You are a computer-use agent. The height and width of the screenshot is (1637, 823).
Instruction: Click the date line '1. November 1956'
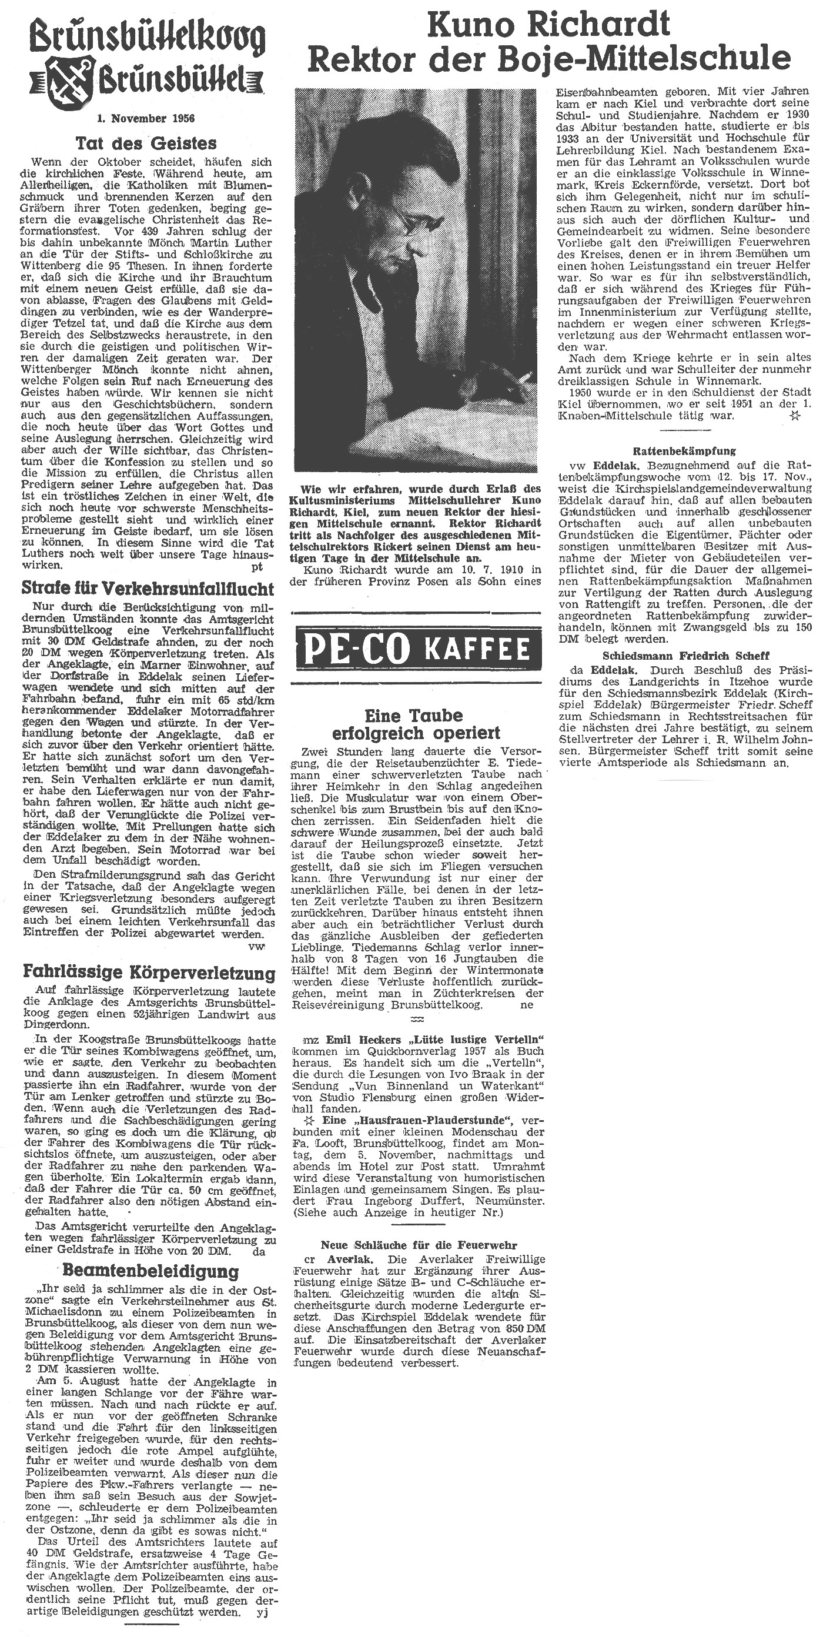(x=146, y=118)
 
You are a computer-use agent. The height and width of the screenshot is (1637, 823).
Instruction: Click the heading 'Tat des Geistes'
(x=146, y=143)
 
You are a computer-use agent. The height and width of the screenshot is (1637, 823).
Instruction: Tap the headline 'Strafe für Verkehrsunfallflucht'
(x=148, y=588)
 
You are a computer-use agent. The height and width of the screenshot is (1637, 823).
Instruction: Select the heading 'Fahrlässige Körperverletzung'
(x=149, y=973)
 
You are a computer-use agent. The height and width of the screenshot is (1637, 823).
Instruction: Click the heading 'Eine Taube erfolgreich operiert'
(x=416, y=724)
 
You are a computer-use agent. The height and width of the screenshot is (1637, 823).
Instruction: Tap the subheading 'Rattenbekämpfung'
(x=684, y=451)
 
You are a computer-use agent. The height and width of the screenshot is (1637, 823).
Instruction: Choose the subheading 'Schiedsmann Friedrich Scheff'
(x=685, y=655)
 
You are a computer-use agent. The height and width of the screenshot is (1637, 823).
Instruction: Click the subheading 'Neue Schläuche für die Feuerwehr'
(x=419, y=1245)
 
